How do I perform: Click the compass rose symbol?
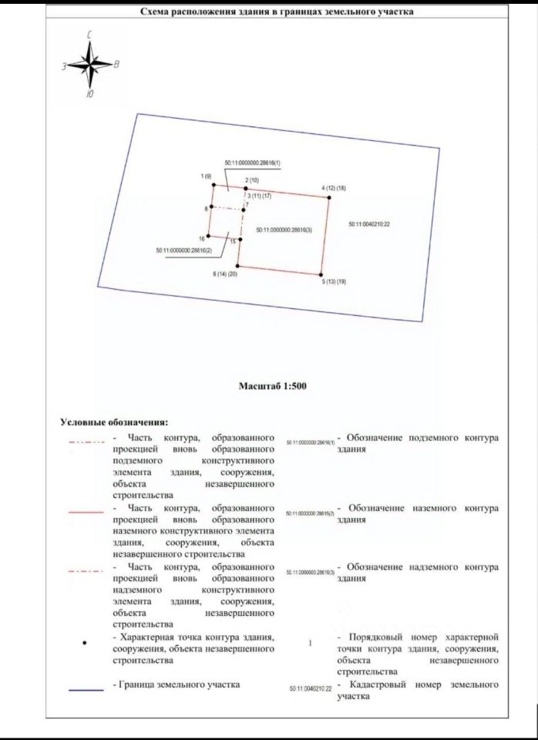coord(91,64)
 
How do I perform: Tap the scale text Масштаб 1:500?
coord(274,385)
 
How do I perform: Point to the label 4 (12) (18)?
coord(334,188)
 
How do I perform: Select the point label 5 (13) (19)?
coord(334,282)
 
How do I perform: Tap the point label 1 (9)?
coord(206,177)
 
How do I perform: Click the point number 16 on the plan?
coord(201,239)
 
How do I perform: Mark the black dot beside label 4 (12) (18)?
coord(329,197)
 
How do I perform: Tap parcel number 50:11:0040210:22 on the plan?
coord(367,224)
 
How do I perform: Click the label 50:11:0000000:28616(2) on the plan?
coord(183,250)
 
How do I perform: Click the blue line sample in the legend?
coord(86,691)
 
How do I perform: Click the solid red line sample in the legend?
coord(86,510)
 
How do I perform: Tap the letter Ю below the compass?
coord(90,94)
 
